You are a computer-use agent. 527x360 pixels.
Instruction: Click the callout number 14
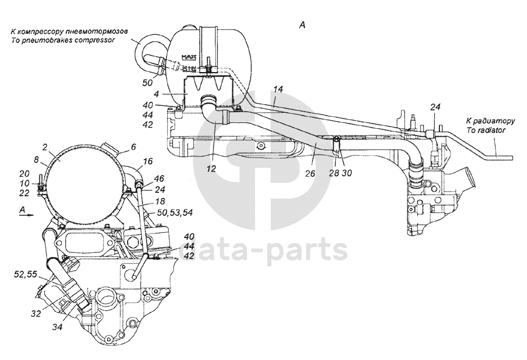coord(278,89)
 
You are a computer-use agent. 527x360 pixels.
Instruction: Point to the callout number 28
coord(334,172)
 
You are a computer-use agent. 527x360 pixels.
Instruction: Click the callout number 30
coord(347,172)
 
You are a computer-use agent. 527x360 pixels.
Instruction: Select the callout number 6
coord(132,147)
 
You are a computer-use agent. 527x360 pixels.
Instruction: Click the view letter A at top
coord(303,25)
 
